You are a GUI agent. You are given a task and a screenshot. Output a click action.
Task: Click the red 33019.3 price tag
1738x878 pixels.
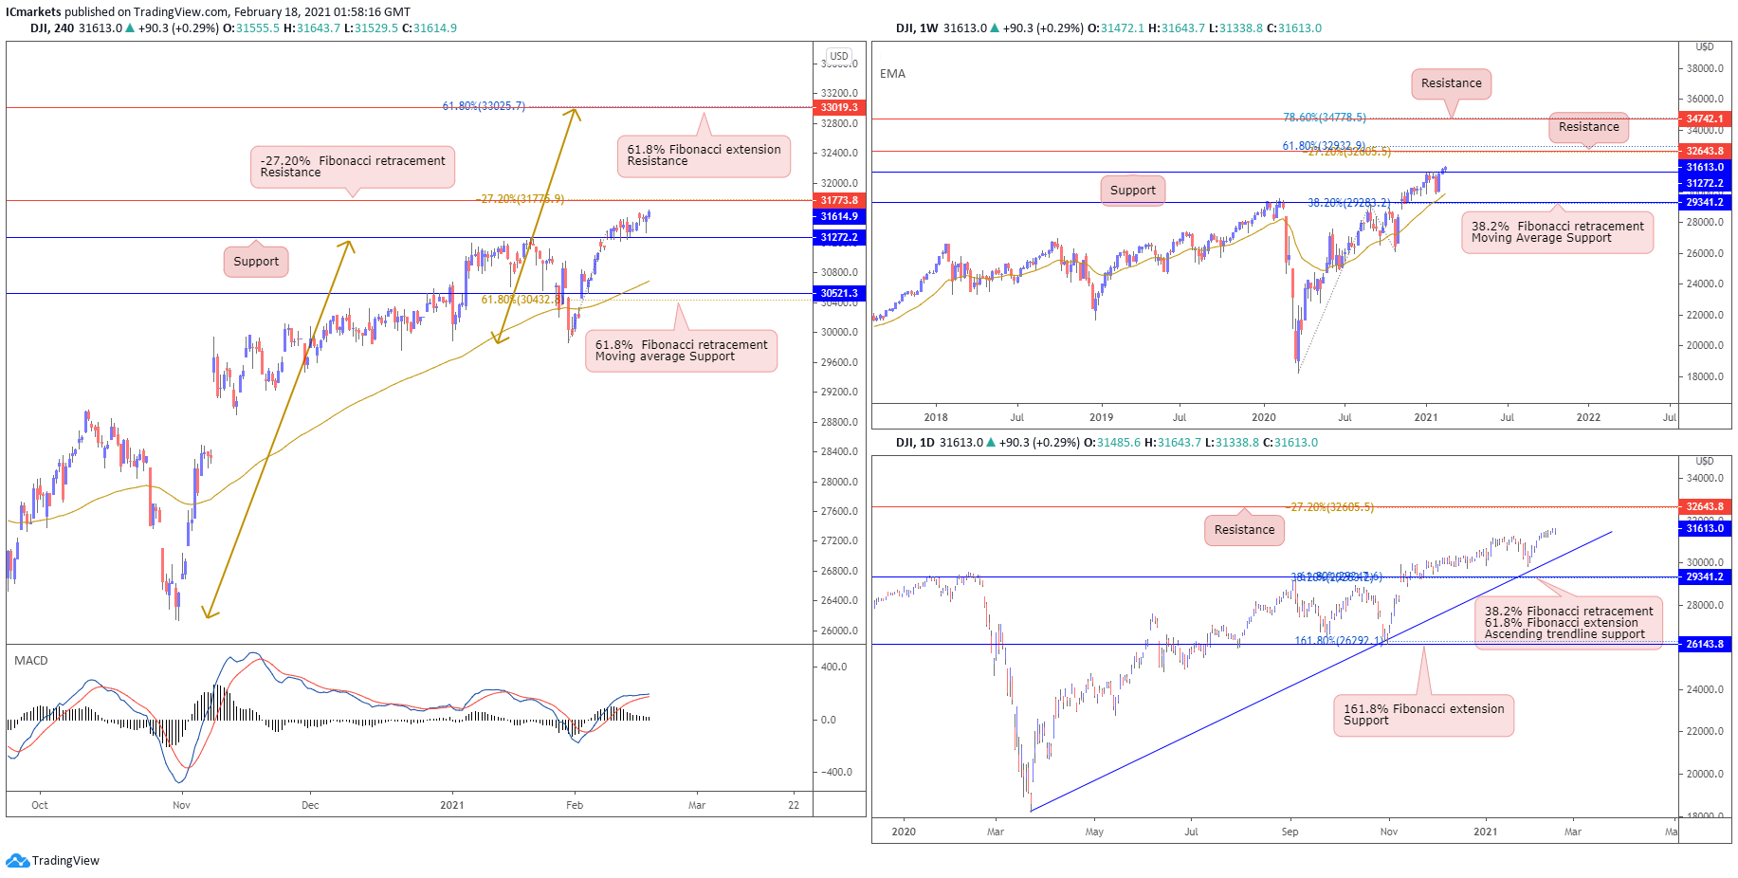click(838, 107)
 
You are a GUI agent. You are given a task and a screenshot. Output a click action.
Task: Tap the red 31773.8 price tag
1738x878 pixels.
click(838, 200)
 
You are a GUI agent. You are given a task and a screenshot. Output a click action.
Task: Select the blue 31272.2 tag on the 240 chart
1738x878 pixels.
click(838, 237)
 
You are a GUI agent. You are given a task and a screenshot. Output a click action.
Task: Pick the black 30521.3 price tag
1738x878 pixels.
click(838, 293)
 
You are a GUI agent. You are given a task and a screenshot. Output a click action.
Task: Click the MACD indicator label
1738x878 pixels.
click(31, 661)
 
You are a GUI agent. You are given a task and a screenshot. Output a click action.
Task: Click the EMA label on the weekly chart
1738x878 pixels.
click(892, 74)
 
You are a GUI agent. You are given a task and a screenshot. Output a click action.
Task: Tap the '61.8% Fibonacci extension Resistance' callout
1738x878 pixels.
click(704, 155)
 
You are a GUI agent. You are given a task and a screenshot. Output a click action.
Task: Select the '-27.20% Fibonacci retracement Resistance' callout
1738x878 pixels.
click(353, 167)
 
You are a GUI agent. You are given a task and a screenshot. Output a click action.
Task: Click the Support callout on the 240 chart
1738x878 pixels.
click(256, 262)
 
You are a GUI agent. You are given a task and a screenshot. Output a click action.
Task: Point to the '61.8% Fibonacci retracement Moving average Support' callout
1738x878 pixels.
click(681, 351)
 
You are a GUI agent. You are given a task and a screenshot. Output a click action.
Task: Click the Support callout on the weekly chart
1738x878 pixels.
click(1132, 191)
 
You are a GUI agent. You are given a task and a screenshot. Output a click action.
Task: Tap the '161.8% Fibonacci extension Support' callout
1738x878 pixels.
click(1423, 715)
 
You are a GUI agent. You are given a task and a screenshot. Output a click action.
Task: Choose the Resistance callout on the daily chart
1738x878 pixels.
click(1244, 530)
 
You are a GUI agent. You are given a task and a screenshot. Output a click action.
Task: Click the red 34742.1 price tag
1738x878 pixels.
click(1704, 119)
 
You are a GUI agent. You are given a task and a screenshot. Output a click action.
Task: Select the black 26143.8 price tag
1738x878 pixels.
click(1704, 644)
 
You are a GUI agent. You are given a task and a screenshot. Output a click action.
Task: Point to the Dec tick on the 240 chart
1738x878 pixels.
click(310, 805)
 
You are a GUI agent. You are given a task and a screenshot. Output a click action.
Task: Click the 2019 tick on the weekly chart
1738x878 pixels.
click(1101, 417)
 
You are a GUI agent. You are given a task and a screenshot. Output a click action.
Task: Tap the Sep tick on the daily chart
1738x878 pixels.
click(1290, 832)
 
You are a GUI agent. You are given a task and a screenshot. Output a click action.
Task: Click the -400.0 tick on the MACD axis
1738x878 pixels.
click(835, 772)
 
